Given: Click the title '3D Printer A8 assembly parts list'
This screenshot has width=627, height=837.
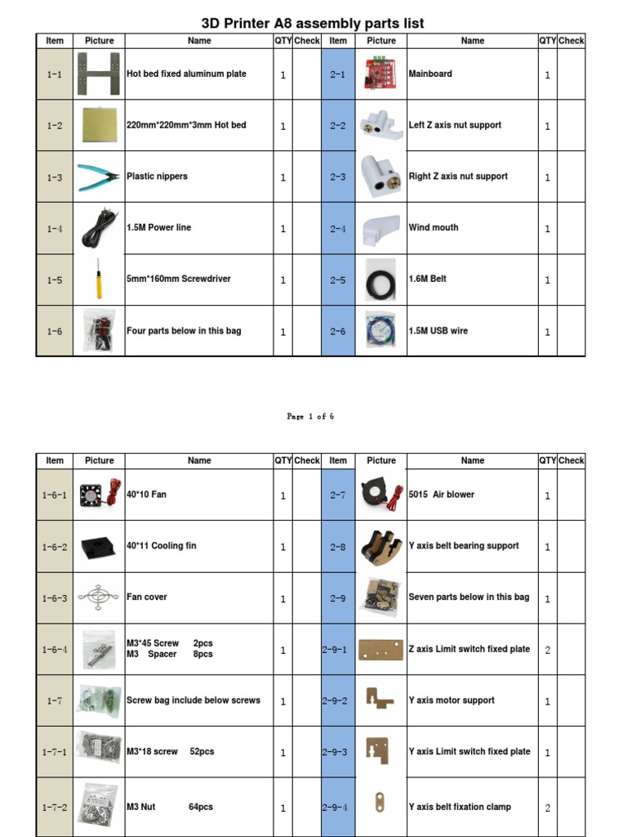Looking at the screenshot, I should click(313, 23).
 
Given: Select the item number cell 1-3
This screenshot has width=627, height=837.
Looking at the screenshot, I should click(55, 177).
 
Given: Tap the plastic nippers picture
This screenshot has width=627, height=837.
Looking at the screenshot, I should click(99, 177).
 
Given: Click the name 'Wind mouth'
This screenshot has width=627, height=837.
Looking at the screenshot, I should click(434, 227).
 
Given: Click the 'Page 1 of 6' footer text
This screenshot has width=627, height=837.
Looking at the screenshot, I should click(310, 416).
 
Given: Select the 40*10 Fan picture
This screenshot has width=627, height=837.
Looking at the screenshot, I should click(99, 495).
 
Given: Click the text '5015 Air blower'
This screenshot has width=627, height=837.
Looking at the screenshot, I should click(441, 495).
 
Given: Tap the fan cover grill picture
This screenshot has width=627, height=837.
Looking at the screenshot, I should click(99, 598).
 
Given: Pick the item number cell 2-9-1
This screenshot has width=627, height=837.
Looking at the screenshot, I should click(338, 650).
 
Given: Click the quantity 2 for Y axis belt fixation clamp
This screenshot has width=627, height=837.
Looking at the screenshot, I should click(547, 808).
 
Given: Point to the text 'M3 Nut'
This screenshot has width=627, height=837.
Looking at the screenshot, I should click(140, 807).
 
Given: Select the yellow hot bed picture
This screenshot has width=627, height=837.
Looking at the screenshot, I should click(99, 125).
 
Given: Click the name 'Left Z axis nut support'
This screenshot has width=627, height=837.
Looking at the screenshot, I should click(455, 125).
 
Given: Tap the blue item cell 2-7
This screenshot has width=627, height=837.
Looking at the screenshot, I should click(338, 495).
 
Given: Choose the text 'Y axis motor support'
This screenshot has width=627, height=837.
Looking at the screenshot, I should click(451, 700).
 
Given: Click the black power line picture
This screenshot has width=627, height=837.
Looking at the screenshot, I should click(99, 228).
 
